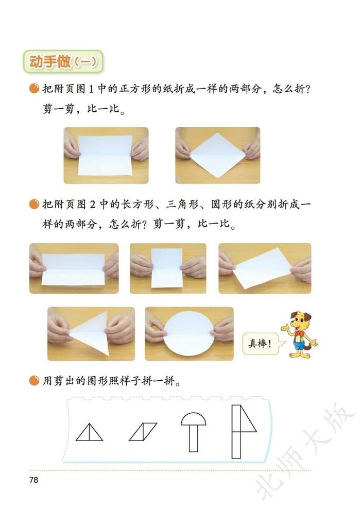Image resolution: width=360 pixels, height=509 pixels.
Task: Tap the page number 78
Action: coord(34,480)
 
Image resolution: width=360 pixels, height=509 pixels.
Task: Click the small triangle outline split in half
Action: coord(89,432)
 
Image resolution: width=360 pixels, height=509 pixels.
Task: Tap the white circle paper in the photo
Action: coord(187,333)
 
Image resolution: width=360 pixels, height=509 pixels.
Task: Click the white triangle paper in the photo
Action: coord(93,334)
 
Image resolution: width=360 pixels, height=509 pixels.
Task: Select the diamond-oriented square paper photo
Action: coord(217,155)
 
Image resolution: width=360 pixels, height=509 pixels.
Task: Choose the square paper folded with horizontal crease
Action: coord(105,155)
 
